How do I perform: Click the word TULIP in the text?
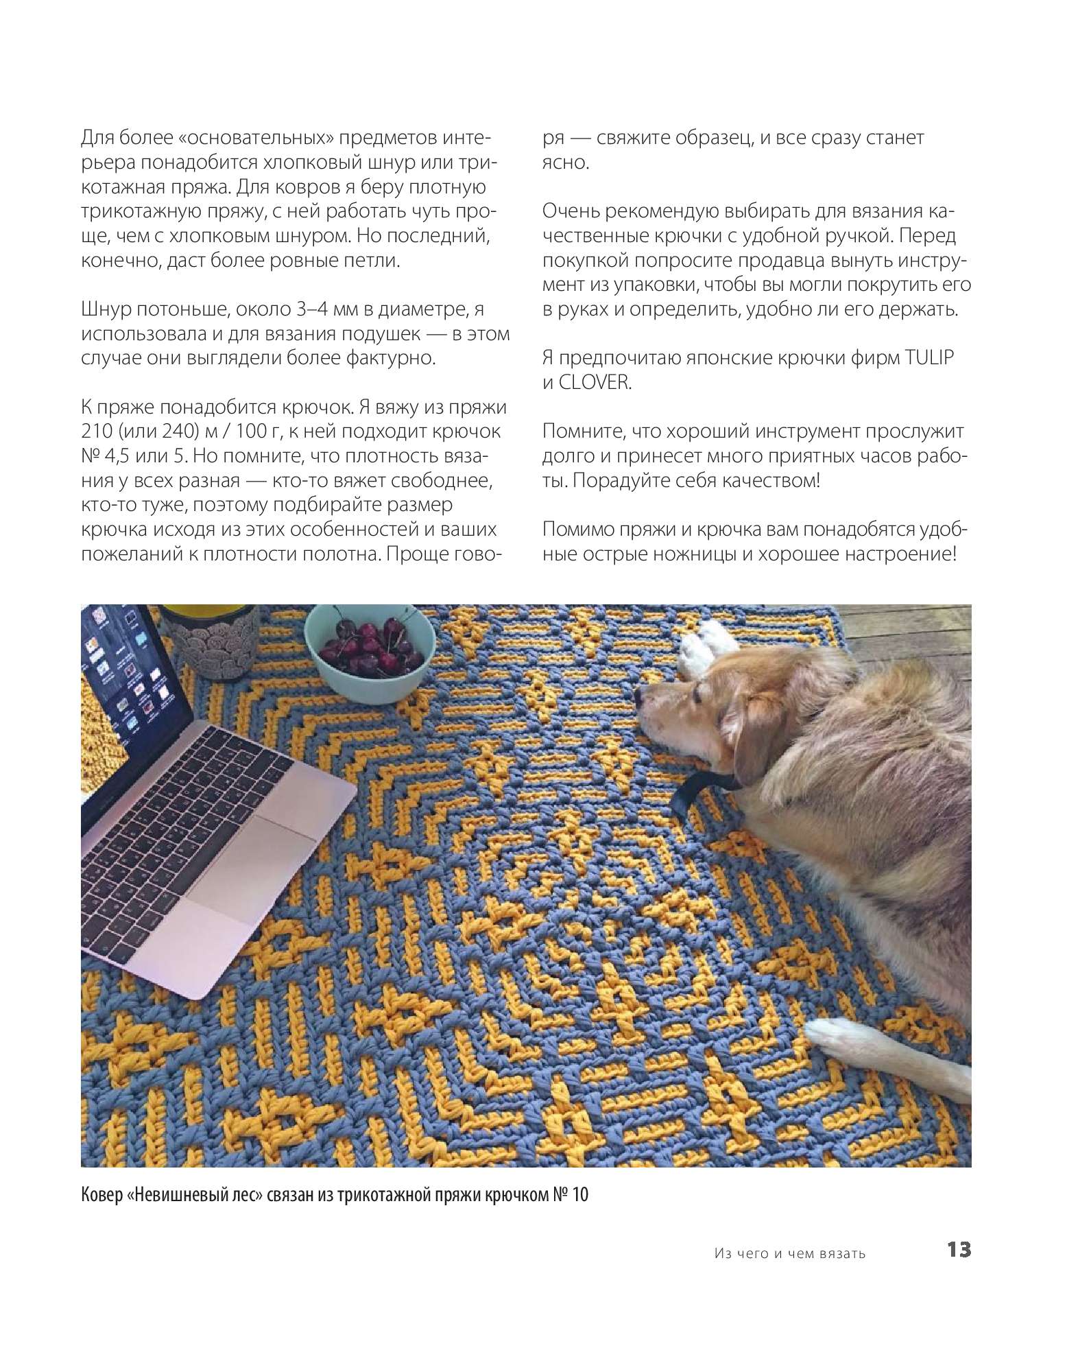[926, 358]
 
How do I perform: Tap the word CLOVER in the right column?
[594, 383]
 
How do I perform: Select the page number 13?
[959, 1250]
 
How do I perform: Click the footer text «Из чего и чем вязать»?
[789, 1253]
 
